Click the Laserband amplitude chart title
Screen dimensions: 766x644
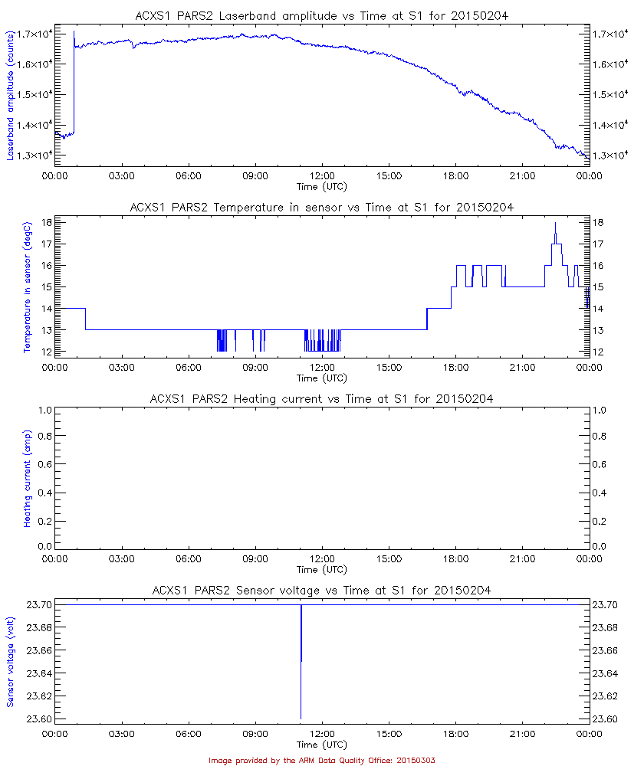click(x=322, y=15)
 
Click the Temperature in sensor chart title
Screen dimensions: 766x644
click(x=322, y=207)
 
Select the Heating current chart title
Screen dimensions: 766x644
click(x=322, y=398)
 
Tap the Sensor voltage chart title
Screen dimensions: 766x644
click(x=322, y=590)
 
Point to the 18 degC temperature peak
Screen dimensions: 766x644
click(x=555, y=224)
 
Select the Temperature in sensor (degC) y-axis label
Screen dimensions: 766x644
click(x=27, y=286)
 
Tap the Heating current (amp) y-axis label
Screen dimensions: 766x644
click(x=27, y=478)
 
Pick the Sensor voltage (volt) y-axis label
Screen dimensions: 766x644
click(x=11, y=662)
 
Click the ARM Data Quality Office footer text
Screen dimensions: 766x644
click(x=322, y=760)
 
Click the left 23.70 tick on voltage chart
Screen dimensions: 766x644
click(x=39, y=605)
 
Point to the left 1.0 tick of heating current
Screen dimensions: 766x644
click(x=44, y=410)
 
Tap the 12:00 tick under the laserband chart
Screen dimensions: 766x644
click(x=322, y=175)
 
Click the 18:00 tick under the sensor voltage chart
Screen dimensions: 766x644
click(x=455, y=733)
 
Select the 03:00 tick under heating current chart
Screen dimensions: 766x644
click(x=121, y=558)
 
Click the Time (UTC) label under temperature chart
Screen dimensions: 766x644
click(x=322, y=378)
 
